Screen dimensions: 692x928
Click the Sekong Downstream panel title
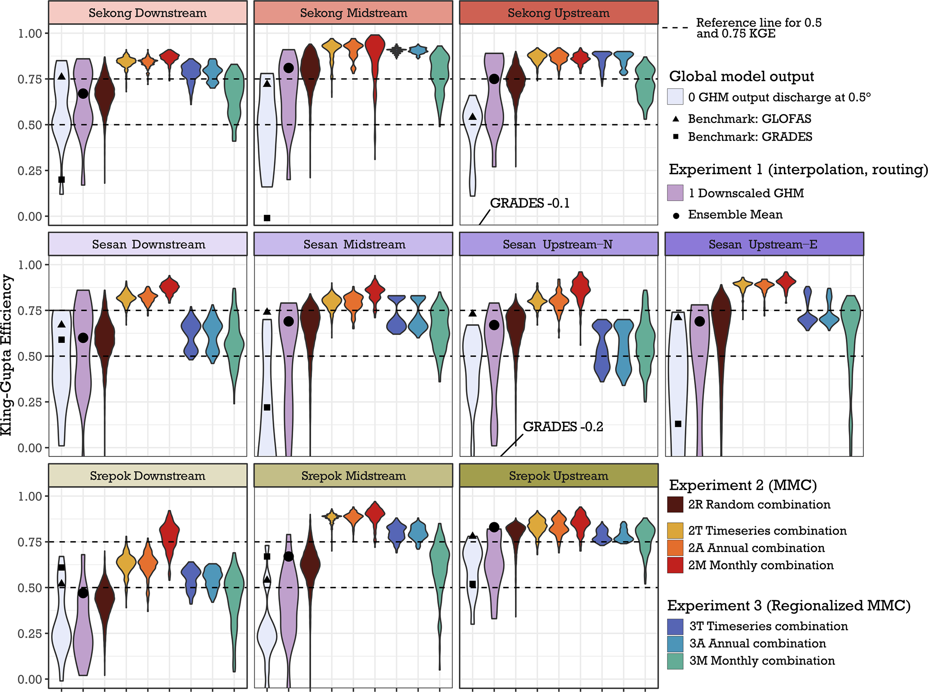click(147, 13)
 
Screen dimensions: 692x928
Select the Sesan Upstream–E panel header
click(763, 244)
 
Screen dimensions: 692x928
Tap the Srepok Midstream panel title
click(353, 476)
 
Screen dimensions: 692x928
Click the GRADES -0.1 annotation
click(530, 203)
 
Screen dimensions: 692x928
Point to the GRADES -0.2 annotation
click(563, 426)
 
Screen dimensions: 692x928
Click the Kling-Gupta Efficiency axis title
click(6, 355)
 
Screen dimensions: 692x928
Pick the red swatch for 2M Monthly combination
click(675, 565)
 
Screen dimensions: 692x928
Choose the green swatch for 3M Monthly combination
click(675, 661)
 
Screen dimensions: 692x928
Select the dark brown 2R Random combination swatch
click(675, 504)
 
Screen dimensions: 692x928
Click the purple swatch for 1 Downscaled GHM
click(675, 193)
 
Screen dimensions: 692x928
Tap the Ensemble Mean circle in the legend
click(676, 216)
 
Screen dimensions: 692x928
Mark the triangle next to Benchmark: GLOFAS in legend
click(676, 119)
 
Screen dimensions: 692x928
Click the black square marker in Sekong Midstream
click(267, 218)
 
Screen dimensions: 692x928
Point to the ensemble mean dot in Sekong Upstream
click(494, 79)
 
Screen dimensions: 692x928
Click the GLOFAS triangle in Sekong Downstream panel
click(62, 76)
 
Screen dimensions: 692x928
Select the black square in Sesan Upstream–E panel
click(678, 424)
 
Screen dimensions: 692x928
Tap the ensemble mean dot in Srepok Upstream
click(494, 527)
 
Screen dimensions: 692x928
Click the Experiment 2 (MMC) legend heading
click(743, 485)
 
